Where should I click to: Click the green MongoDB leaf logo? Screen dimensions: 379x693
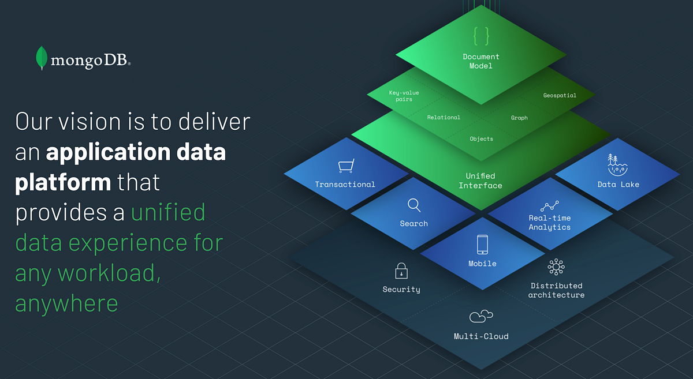pos(42,58)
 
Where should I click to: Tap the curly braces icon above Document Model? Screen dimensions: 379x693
pos(481,36)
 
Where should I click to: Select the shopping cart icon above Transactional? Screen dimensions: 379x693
pos(345,167)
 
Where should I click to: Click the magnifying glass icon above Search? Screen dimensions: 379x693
pos(414,205)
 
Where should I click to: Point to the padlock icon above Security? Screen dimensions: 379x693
pos(401,271)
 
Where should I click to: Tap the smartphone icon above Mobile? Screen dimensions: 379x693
pos(482,244)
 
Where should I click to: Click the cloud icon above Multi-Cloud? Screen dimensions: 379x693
pos(481,316)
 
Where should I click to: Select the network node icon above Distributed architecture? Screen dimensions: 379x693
pos(556,267)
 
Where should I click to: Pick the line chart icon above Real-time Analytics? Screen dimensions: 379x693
pos(549,206)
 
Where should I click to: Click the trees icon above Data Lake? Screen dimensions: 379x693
pos(618,164)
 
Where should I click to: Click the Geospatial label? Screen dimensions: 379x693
pos(560,95)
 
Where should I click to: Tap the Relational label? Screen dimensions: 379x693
pos(444,117)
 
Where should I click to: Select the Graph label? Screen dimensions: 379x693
pos(519,118)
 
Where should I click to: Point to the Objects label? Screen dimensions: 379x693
pos(482,138)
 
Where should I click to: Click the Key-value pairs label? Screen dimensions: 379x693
pos(404,96)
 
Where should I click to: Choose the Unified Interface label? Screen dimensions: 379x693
pos(480,181)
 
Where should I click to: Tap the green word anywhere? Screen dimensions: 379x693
pos(66,303)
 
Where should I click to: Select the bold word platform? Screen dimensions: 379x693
pos(63,182)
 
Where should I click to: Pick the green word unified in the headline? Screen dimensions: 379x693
pos(168,212)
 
